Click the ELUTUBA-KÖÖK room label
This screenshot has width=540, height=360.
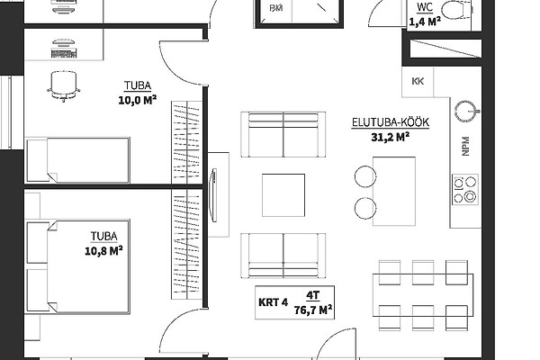point(391,122)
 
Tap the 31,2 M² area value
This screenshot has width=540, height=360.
point(391,137)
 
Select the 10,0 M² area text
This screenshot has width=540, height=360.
point(138,100)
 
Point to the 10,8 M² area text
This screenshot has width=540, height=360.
point(104,251)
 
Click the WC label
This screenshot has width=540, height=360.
point(425,7)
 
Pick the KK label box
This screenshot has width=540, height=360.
point(418,82)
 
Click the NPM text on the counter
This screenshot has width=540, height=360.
point(465,146)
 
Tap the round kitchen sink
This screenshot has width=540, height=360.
point(466,112)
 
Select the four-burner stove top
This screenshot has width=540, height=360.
point(465,190)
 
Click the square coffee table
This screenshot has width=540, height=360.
point(283,195)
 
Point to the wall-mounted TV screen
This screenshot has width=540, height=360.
point(213,195)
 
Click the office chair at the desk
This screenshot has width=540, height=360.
point(63,86)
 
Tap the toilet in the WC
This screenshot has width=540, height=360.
point(455,10)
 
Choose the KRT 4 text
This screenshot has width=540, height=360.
point(273,302)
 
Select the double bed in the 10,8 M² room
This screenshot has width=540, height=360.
point(77,266)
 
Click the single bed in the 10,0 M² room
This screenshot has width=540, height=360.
point(77,160)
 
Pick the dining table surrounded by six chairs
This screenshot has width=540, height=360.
point(423,295)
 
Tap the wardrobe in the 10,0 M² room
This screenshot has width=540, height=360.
point(186,142)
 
